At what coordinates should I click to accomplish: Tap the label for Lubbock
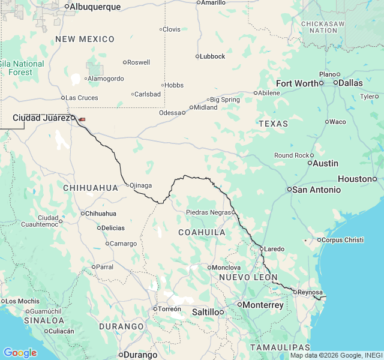tap(213, 56)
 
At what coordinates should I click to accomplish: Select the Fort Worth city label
tap(297, 83)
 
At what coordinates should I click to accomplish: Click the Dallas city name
tap(350, 83)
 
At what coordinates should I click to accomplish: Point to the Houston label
tap(355, 179)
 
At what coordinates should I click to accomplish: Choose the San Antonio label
tap(316, 190)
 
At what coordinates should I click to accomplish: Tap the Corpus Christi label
tap(343, 240)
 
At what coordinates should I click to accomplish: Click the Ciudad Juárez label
tap(41, 118)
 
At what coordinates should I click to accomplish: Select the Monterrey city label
tap(263, 305)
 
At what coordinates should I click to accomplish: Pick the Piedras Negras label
tap(208, 212)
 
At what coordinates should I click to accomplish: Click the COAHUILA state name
tap(202, 232)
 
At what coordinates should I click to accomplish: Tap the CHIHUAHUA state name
tap(91, 188)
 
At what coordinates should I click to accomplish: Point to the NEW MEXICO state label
tap(85, 39)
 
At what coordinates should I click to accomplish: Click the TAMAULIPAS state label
tap(280, 347)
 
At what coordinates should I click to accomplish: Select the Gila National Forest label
tap(22, 68)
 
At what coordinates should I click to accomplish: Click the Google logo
tap(20, 353)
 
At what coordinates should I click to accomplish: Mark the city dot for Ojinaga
tap(127, 185)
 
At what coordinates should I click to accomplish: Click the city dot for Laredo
tap(262, 248)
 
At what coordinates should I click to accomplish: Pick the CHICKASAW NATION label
tap(323, 26)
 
